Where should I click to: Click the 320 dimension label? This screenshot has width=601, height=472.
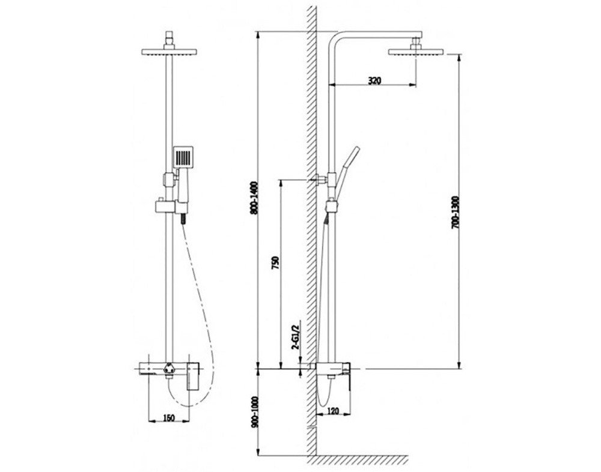374,81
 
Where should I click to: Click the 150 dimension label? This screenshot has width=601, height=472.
169,418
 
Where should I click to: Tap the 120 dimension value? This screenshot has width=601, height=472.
334,411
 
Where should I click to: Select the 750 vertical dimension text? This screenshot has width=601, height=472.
276,263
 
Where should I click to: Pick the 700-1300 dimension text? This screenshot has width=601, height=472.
455,213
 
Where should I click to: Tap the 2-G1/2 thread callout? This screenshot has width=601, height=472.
295,337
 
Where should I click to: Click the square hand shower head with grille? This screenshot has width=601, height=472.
183,157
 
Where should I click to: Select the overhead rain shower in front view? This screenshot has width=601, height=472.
169,52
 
